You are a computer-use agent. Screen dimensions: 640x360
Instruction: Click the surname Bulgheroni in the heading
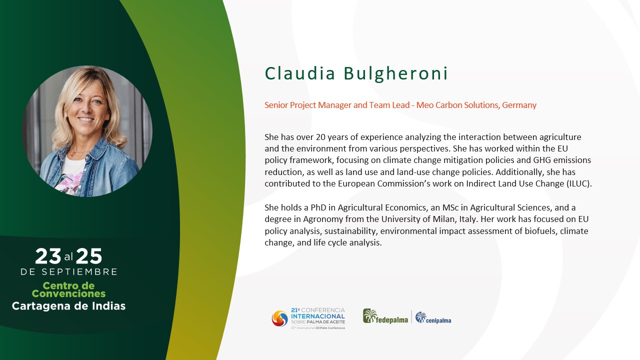[395, 73]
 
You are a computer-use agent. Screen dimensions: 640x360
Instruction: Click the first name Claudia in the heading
[299, 73]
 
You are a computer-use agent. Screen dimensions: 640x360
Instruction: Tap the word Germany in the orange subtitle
[519, 105]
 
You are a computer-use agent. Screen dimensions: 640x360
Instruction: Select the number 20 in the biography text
[320, 137]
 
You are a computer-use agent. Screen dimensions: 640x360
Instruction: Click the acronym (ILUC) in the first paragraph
[579, 183]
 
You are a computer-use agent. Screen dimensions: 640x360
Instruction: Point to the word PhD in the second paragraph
[318, 207]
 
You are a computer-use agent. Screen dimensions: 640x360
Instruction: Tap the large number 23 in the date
[48, 256]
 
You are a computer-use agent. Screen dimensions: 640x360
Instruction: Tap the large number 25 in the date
[89, 256]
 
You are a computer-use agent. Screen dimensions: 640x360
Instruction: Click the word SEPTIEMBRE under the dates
[79, 271]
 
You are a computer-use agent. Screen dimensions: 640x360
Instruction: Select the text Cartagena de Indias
[68, 306]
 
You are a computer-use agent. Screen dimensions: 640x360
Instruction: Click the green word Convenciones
[68, 293]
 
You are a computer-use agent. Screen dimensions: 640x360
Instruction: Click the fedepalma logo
[385, 316]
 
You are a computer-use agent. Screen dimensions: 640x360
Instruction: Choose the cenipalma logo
[433, 317]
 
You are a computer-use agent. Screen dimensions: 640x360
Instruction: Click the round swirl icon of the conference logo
[279, 318]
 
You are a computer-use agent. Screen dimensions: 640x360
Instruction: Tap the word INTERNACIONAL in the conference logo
[318, 316]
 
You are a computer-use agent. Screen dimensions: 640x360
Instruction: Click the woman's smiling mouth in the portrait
[86, 119]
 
